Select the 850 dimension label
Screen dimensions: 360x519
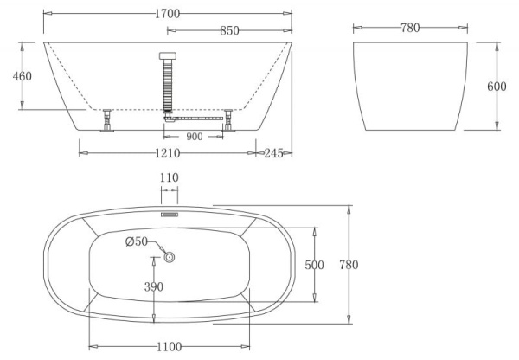[229, 31]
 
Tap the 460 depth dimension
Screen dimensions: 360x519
[22, 76]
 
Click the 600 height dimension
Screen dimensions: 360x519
[497, 87]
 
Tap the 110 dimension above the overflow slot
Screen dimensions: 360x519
[169, 177]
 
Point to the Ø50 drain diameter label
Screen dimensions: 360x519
[137, 241]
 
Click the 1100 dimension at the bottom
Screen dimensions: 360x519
[169, 347]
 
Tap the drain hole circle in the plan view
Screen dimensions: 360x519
[170, 256]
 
